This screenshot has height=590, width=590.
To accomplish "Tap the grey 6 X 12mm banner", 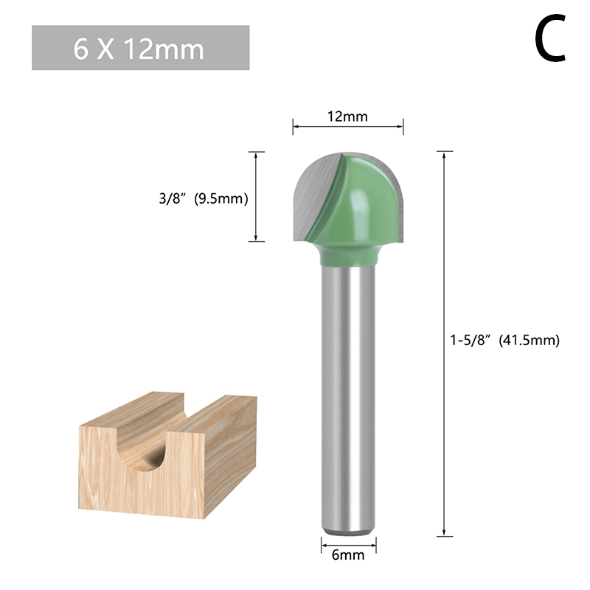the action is [140, 48].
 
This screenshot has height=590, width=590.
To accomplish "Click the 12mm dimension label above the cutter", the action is [347, 117].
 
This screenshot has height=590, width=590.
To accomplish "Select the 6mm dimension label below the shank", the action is [348, 555].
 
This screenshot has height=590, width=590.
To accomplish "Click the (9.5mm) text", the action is [221, 198].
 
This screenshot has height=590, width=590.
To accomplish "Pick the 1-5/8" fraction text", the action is [471, 340].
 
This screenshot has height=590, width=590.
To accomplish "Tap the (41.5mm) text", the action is [530, 341].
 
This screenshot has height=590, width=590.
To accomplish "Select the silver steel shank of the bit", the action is [348, 400].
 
